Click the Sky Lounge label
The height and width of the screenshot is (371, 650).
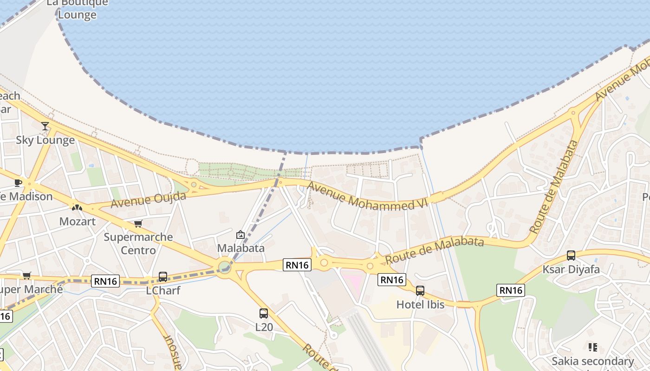45,140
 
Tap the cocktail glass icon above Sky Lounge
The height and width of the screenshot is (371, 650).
45,126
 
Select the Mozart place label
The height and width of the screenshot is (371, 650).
77,221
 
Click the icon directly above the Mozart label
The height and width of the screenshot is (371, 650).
77,207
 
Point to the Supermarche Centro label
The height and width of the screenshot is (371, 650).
138,243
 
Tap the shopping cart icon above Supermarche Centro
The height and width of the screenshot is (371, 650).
138,224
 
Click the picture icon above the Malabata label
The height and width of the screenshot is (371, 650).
240,235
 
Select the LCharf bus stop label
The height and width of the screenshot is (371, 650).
163,290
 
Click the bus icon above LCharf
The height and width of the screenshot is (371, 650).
163,277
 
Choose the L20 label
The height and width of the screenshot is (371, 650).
264,327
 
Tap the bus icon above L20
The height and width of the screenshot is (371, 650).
264,313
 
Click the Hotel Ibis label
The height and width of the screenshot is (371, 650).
420,304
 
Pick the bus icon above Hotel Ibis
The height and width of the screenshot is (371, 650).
420,291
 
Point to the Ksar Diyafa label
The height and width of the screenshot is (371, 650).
571,269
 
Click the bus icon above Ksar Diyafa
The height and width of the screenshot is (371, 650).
571,256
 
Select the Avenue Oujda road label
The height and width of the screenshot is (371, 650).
148,199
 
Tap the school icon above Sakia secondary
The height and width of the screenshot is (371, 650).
592,347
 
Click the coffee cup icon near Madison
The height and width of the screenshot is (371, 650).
18,183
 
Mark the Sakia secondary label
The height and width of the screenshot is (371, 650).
592,361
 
